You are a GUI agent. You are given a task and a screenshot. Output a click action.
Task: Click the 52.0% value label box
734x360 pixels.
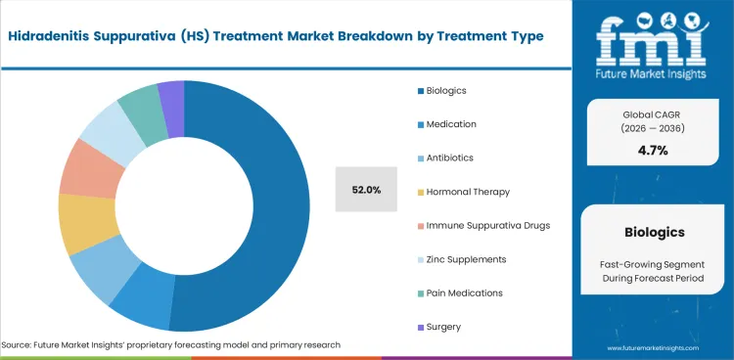(366, 190)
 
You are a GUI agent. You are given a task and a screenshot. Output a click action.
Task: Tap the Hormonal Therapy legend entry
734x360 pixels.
(453, 192)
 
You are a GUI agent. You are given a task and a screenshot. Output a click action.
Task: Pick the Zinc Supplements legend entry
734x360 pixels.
(451, 258)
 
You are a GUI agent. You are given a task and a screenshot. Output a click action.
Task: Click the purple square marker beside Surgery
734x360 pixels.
(420, 326)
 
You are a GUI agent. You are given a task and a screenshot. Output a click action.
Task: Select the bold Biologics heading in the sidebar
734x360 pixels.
(653, 234)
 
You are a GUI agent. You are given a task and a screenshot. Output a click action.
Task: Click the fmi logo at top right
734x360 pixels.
(652, 44)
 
